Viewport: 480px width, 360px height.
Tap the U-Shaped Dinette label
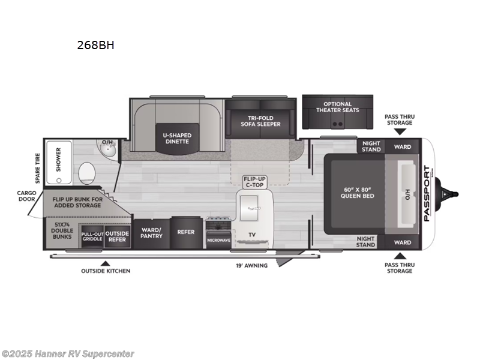pyautogui.click(x=176, y=139)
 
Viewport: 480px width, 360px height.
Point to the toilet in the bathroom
pyautogui.click(x=87, y=173)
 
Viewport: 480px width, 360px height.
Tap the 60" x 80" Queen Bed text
pyautogui.click(x=358, y=191)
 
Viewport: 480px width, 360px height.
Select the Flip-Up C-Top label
pyautogui.click(x=254, y=182)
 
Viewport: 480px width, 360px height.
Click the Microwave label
pyautogui.click(x=218, y=240)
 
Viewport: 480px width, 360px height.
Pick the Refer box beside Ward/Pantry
pyautogui.click(x=185, y=232)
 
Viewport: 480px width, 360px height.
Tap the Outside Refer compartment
pyautogui.click(x=117, y=236)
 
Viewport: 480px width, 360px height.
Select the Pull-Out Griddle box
pyautogui.click(x=92, y=236)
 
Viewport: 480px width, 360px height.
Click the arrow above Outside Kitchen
pyautogui.click(x=106, y=263)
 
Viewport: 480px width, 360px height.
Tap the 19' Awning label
pyautogui.click(x=251, y=265)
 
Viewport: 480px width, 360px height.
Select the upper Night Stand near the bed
pyautogui.click(x=371, y=146)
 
